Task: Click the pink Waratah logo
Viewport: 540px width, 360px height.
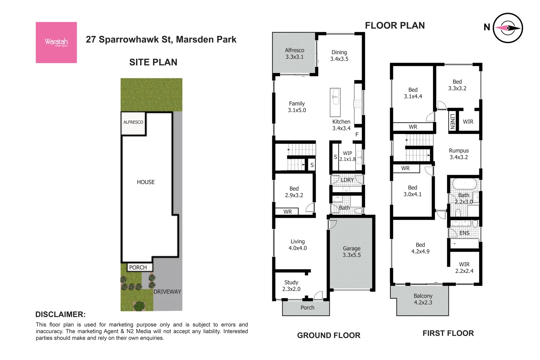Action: [56, 43]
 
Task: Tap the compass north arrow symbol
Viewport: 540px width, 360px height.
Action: [508, 28]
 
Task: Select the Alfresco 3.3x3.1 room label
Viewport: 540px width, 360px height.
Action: [294, 54]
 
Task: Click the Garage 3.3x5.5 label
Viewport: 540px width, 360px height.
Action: [352, 252]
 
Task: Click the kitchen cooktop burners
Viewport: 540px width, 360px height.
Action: [358, 104]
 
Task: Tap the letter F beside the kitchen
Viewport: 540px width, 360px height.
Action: [357, 135]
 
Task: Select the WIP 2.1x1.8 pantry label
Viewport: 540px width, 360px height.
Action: [347, 156]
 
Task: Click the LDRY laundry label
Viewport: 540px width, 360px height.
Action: [347, 180]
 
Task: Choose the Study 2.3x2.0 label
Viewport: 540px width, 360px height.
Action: [291, 286]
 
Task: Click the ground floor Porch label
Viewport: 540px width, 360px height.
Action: [307, 308]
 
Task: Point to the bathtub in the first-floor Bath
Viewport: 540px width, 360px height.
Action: [464, 184]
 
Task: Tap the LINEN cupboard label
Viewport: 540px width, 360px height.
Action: [452, 121]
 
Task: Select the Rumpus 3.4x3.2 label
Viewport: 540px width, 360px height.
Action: [459, 154]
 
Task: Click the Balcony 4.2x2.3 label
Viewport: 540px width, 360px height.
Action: [423, 299]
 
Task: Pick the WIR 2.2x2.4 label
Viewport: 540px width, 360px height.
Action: [464, 268]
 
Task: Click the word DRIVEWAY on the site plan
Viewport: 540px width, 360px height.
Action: [167, 292]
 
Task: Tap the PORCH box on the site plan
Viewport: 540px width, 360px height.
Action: [138, 267]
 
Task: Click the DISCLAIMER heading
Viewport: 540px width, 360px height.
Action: [60, 314]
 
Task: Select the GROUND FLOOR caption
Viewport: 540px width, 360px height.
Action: [329, 335]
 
